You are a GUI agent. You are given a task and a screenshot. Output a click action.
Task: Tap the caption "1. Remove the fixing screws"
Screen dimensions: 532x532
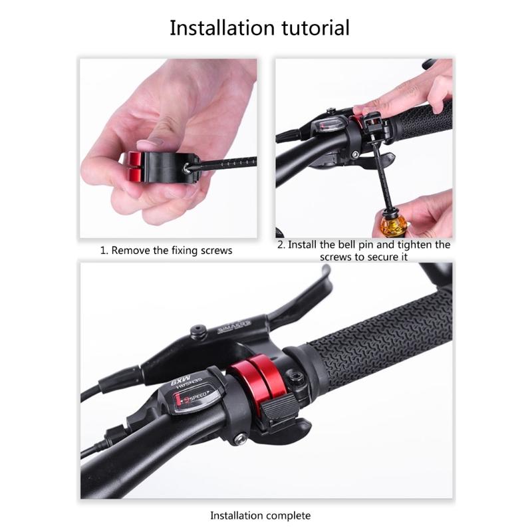tap(166, 251)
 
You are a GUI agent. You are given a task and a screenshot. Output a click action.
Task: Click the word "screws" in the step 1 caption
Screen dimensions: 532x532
tap(217, 251)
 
